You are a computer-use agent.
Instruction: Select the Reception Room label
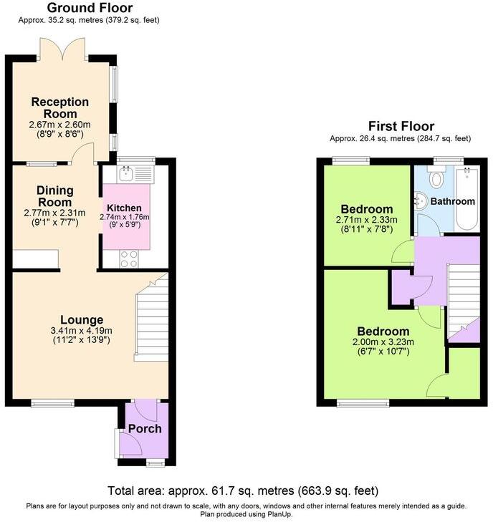click(59, 108)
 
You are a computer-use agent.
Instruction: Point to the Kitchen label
click(124, 208)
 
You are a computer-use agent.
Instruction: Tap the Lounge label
click(82, 319)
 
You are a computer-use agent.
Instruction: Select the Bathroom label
click(452, 202)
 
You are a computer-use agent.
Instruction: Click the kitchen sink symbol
click(134, 173)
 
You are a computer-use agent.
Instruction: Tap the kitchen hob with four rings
click(130, 258)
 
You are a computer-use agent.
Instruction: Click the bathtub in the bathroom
click(466, 197)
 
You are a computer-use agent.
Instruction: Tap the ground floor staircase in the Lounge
click(151, 321)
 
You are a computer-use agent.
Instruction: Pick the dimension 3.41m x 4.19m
click(82, 330)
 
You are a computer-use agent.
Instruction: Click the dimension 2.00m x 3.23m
click(383, 342)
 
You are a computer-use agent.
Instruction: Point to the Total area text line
click(243, 491)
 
